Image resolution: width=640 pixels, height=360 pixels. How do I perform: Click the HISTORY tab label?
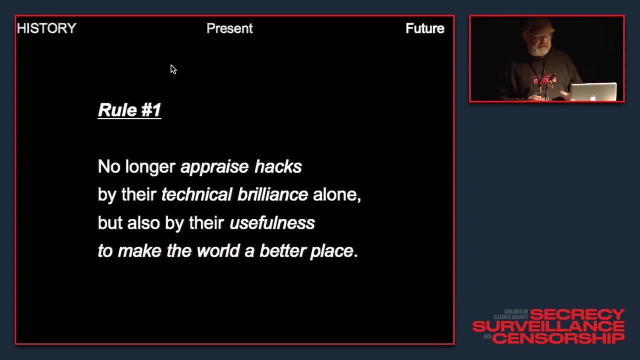pyautogui.click(x=46, y=29)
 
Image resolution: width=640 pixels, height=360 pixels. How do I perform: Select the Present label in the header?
pyautogui.click(x=229, y=29)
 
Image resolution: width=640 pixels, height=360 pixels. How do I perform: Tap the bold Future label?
pyautogui.click(x=425, y=29)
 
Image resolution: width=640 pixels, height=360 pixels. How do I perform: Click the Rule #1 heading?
pyautogui.click(x=129, y=110)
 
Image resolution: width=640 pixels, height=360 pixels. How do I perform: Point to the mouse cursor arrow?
pyautogui.click(x=173, y=69)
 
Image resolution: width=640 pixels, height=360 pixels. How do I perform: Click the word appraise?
pyautogui.click(x=214, y=167)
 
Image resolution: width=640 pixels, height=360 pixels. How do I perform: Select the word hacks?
pyautogui.click(x=278, y=167)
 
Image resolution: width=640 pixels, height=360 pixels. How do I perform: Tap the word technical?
pyautogui.click(x=196, y=195)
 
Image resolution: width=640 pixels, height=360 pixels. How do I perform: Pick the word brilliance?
pyautogui.click(x=272, y=195)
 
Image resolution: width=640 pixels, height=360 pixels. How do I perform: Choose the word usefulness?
pyautogui.click(x=272, y=223)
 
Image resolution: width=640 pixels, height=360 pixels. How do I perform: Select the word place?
pyautogui.click(x=332, y=251)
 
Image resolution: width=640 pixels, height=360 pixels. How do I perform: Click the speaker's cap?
pyautogui.click(x=538, y=26)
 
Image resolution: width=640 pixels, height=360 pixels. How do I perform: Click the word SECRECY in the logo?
pyautogui.click(x=577, y=315)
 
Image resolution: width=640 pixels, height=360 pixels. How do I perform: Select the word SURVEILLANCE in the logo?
pyautogui.click(x=548, y=326)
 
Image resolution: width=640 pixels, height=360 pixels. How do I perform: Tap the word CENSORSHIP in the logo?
pyautogui.click(x=558, y=338)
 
